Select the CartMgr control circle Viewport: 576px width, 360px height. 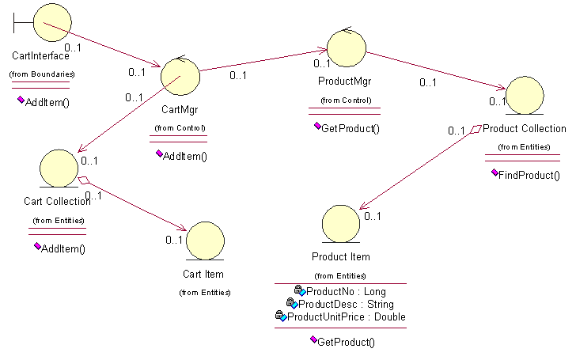point(180,77)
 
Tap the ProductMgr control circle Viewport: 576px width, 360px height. point(346,47)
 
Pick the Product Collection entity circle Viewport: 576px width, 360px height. point(524,95)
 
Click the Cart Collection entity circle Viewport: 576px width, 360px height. point(59,168)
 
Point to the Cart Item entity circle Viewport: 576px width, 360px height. point(205,241)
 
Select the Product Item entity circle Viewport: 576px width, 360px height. point(342,223)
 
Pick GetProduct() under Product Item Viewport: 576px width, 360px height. point(345,342)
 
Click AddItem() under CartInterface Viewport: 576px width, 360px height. point(47,103)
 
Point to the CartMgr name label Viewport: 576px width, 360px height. point(179,109)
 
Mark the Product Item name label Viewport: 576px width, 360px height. point(340,256)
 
